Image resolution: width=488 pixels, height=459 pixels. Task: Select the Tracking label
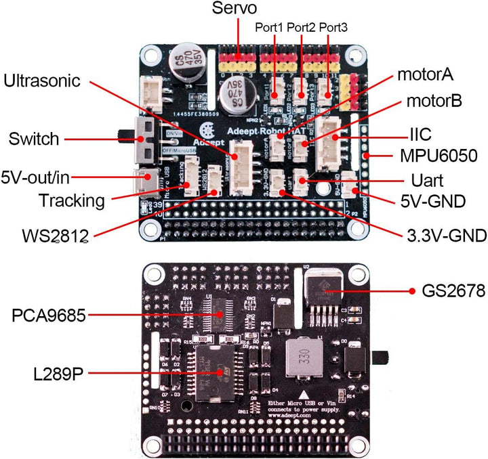[x=72, y=200]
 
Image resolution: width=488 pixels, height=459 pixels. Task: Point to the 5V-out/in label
[x=36, y=177]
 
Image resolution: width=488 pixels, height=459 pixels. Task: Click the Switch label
[x=34, y=139]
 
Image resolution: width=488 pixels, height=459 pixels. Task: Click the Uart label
[x=428, y=181]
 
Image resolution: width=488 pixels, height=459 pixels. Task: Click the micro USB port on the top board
[x=146, y=179]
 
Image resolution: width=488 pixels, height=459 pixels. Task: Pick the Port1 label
[x=270, y=28]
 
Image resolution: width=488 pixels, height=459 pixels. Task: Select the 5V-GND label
[x=431, y=201]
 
